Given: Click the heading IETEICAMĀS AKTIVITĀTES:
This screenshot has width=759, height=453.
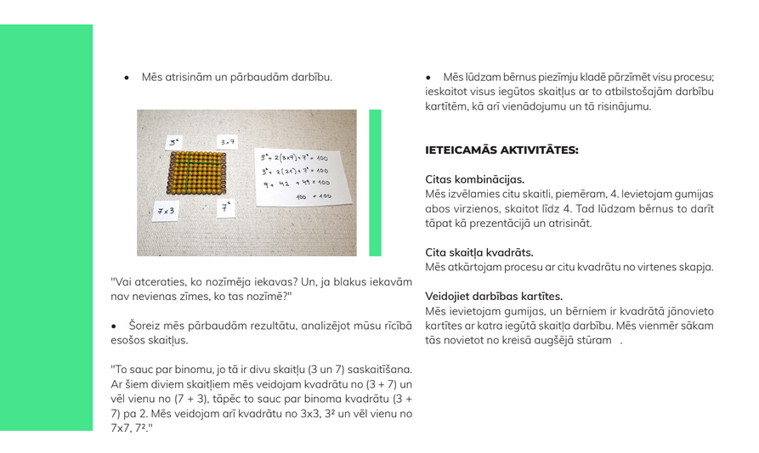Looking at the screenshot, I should pyautogui.click(x=501, y=150).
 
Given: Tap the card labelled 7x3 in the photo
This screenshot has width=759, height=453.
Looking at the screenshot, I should pyautogui.click(x=165, y=210).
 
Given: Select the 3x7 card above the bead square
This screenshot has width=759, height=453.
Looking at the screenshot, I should pyautogui.click(x=227, y=142).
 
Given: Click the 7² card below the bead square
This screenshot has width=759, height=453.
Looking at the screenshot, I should pyautogui.click(x=225, y=207).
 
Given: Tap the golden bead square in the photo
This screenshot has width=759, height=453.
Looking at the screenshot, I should pyautogui.click(x=197, y=173).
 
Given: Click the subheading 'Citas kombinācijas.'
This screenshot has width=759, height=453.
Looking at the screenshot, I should pyautogui.click(x=474, y=179).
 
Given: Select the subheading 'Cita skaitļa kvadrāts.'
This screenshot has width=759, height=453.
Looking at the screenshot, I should pyautogui.click(x=479, y=252).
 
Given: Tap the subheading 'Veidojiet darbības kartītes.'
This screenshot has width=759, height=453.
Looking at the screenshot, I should pyautogui.click(x=494, y=297).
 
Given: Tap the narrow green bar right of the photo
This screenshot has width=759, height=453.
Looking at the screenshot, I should pyautogui.click(x=375, y=183).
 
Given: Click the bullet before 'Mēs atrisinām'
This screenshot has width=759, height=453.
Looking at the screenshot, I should pyautogui.click(x=127, y=78).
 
